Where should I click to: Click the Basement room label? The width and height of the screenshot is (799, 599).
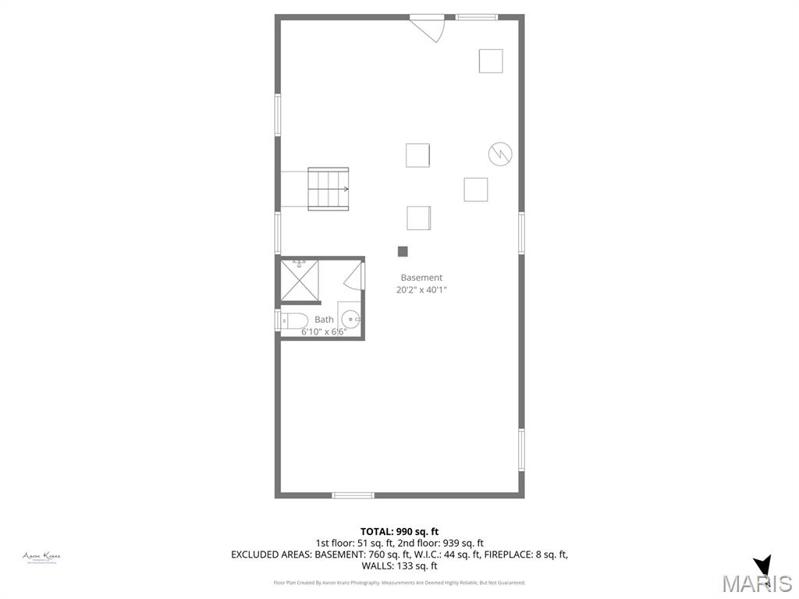pos(421,278)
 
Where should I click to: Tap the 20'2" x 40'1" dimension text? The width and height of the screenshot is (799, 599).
pos(421,290)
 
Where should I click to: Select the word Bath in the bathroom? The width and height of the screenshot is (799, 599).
pos(324,320)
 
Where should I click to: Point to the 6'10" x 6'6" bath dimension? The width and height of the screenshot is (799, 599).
pos(324,331)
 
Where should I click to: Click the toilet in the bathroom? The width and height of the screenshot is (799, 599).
pos(293,320)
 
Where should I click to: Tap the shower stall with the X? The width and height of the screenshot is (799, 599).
pos(300,281)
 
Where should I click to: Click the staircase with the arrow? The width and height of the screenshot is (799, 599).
pos(328,189)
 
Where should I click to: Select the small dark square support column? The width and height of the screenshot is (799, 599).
pos(403,251)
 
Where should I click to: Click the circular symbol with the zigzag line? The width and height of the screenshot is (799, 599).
pos(500,154)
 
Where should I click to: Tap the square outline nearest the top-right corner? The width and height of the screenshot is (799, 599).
pos(491,61)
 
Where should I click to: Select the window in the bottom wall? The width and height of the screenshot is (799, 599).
pos(353,495)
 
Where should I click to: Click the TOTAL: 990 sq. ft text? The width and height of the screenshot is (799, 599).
pos(399,532)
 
